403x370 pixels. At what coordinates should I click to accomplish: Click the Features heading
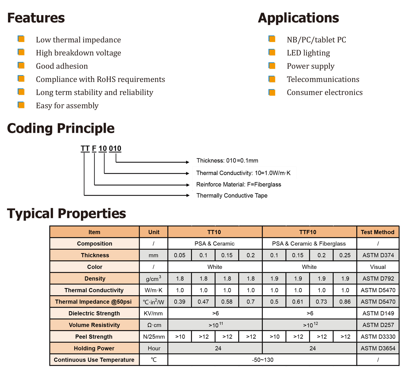[36, 18]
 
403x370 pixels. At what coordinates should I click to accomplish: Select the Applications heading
[298, 18]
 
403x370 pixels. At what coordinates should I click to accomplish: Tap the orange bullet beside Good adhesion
[21, 66]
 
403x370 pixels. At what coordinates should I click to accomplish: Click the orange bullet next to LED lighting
[272, 52]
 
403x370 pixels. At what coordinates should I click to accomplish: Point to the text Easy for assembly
[67, 106]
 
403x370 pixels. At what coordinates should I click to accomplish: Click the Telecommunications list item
[323, 79]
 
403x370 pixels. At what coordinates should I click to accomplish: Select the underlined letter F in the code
[94, 148]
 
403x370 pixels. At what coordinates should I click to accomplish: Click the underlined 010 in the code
[115, 148]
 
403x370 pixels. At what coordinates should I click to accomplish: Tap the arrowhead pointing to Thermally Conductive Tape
[187, 195]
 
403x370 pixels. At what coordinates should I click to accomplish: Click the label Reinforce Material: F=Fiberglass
[239, 184]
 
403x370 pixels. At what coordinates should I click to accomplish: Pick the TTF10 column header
[308, 232]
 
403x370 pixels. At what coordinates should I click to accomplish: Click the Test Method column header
[378, 232]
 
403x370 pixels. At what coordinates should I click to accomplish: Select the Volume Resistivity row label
[94, 325]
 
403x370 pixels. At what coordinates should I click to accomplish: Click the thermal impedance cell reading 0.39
[180, 302]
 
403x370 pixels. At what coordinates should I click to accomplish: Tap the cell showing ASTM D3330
[378, 337]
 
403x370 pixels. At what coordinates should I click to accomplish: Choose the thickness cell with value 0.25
[345, 255]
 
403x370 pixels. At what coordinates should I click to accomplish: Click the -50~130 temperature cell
[262, 360]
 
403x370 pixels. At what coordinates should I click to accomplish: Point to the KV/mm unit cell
[153, 314]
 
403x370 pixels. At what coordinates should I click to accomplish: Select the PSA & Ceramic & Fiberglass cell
[309, 244]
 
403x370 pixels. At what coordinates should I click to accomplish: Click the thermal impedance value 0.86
[345, 302]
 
